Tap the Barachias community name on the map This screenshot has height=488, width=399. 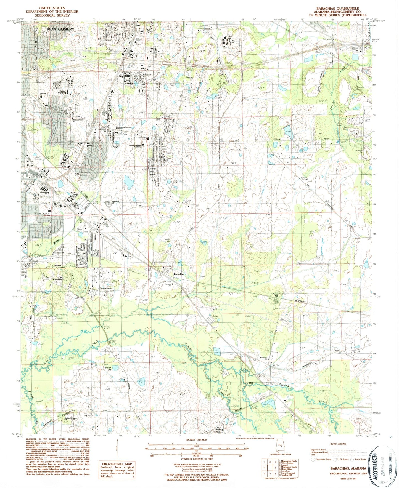(179, 274)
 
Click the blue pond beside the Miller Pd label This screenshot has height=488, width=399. (115, 367)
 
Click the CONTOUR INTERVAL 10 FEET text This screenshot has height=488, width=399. (196, 458)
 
